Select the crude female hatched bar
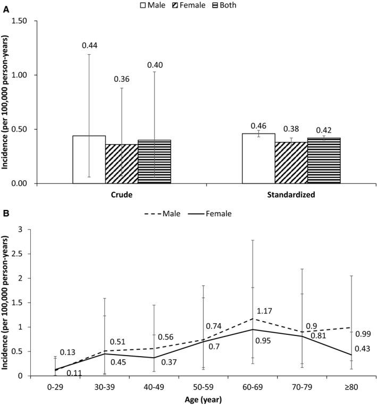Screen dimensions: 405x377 click(x=122, y=164)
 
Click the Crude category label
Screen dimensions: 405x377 click(x=122, y=195)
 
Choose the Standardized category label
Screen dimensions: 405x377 click(x=291, y=195)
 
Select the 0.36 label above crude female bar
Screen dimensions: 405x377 click(x=122, y=79)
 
